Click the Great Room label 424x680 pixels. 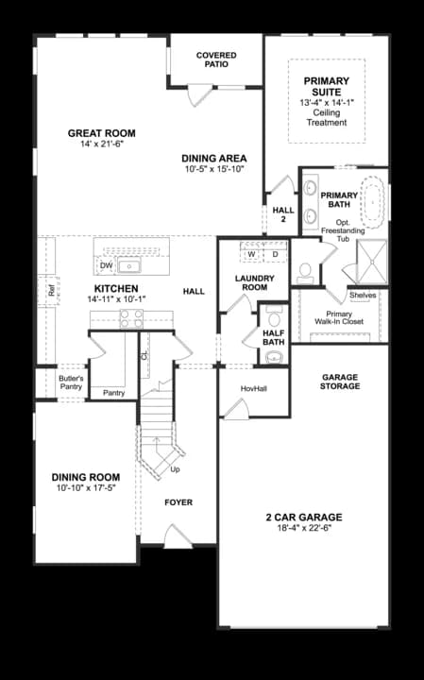(x=101, y=133)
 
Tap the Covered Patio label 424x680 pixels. (x=216, y=60)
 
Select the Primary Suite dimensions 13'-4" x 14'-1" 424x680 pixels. (x=326, y=102)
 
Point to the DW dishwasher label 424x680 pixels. (x=107, y=266)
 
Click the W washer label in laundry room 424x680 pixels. (x=252, y=254)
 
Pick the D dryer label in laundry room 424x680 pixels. (x=275, y=254)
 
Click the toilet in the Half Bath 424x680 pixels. (x=274, y=320)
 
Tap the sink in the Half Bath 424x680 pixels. (x=274, y=356)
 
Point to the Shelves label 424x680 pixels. (x=363, y=295)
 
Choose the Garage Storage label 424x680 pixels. (x=340, y=382)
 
